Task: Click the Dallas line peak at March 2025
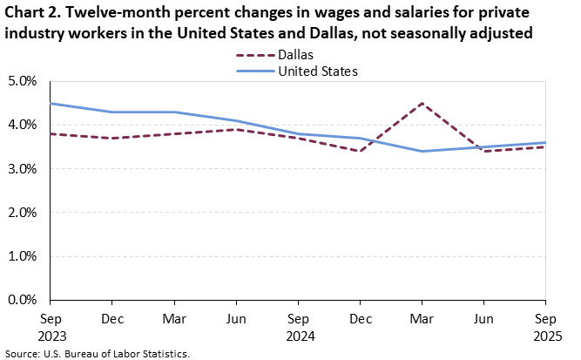coord(422,104)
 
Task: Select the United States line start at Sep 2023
coord(51,104)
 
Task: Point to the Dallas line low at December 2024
coord(360,151)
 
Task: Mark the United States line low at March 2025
coord(422,151)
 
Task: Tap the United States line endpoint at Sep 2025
coord(545,143)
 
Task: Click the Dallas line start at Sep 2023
coord(51,133)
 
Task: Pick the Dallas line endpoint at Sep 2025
coord(545,146)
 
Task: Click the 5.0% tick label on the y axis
coord(22,81)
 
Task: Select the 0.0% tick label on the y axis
coord(22,300)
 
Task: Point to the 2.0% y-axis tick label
coord(22,213)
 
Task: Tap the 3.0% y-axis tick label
coord(22,169)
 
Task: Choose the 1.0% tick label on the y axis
coord(22,256)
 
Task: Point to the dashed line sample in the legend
coord(253,55)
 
